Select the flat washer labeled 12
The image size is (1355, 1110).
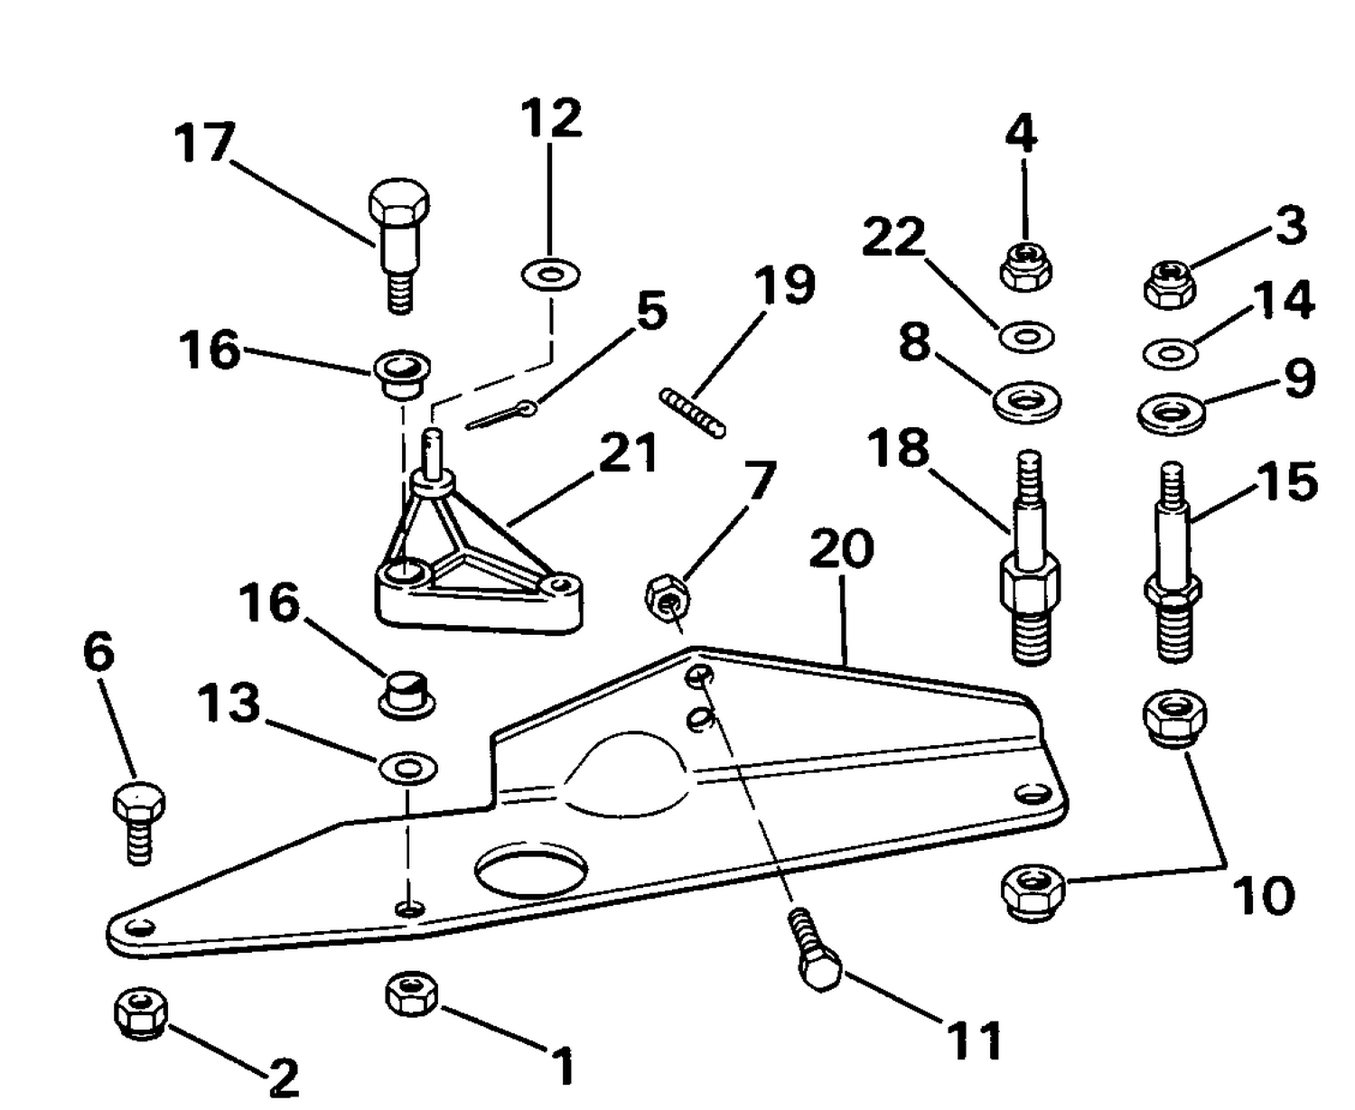[x=551, y=275]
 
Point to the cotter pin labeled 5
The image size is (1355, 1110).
[x=501, y=415]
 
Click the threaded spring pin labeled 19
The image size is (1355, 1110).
[x=693, y=412]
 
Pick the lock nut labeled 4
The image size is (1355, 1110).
[x=1026, y=268]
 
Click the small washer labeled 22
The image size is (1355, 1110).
[x=1027, y=337]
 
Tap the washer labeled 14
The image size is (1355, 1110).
[x=1172, y=352]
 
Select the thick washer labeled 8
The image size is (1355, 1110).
[x=1027, y=402]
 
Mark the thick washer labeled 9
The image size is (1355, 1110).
[x=1172, y=413]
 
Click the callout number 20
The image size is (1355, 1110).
[x=841, y=548]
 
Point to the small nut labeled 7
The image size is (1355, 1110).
[x=668, y=597]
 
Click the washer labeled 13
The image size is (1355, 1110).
[x=408, y=768]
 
